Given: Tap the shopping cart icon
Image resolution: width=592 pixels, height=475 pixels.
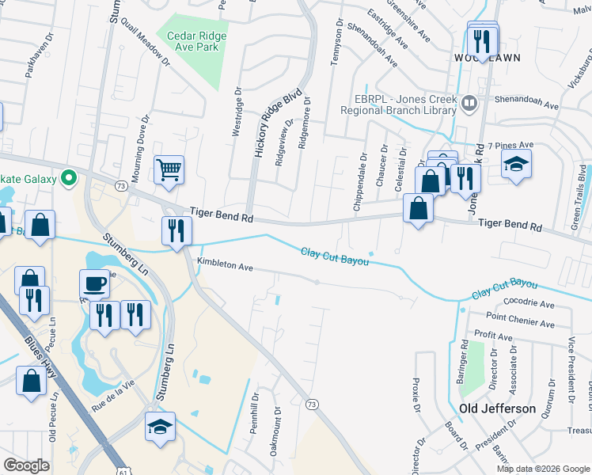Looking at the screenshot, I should [x=169, y=169].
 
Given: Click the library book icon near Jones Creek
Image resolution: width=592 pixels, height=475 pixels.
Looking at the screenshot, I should [x=469, y=102].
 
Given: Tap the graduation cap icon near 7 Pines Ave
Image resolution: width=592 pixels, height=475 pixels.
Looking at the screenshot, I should [x=516, y=165].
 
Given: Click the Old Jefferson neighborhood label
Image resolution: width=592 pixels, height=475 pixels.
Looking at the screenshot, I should [x=497, y=408].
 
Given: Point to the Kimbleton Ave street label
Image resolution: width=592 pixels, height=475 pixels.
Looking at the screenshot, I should [x=225, y=266].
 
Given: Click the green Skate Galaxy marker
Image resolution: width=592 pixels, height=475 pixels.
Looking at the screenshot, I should [x=69, y=177].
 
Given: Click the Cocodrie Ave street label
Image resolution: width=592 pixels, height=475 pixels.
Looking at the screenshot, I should [x=529, y=303].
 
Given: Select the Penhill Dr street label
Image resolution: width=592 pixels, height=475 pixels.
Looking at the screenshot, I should [x=255, y=412].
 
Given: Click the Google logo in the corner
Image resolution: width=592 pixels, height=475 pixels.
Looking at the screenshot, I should [x=26, y=465].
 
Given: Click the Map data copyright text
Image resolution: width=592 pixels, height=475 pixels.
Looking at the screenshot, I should [x=543, y=469].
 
